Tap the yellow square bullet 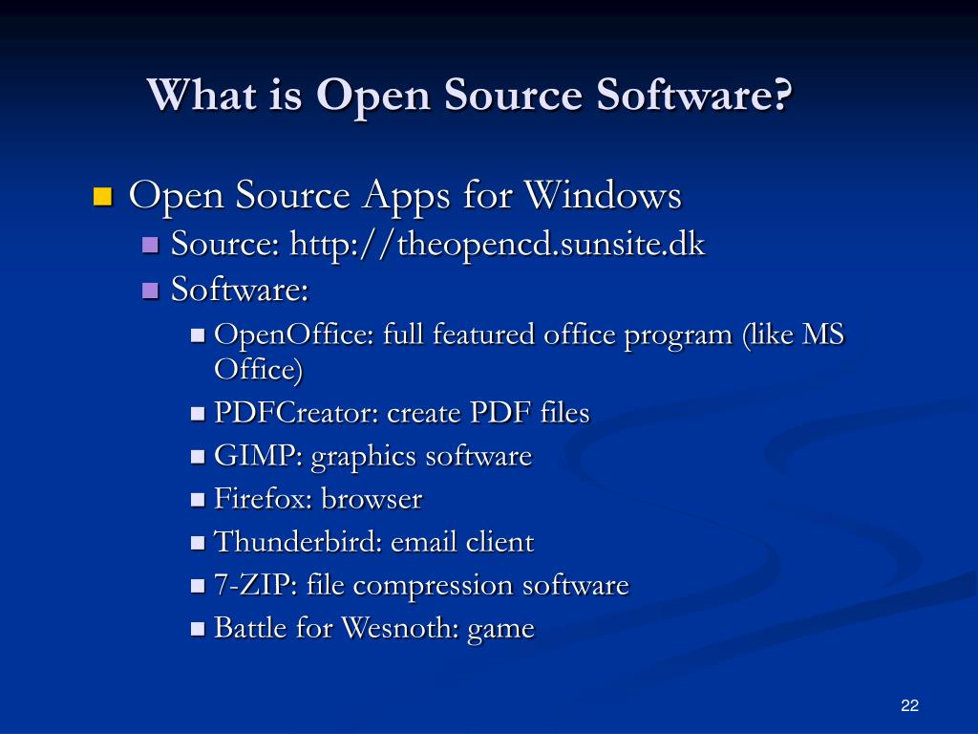[x=103, y=198]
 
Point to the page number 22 [x=909, y=706]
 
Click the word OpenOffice [x=293, y=335]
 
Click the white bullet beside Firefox [x=199, y=500]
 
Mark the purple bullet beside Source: [x=150, y=246]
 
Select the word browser [x=372, y=499]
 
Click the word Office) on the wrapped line [x=258, y=369]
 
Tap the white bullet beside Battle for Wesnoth [x=199, y=629]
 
